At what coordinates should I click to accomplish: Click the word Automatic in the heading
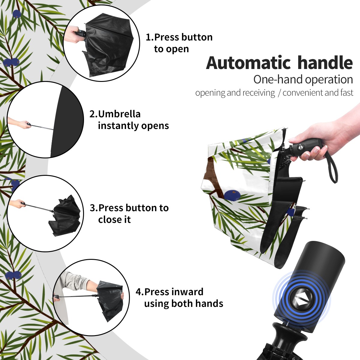(x=248, y=63)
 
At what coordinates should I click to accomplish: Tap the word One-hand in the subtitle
(x=278, y=79)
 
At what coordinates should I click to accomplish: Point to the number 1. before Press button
(x=150, y=37)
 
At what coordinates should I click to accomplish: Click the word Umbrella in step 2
(x=119, y=114)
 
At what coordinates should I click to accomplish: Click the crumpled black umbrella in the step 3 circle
(x=64, y=216)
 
